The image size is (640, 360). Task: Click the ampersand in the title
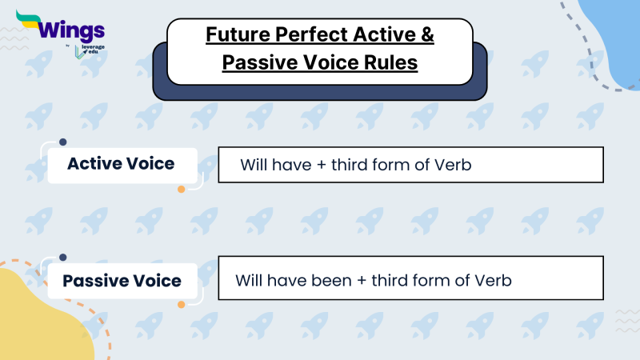pyautogui.click(x=428, y=36)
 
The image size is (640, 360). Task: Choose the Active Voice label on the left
pyautogui.click(x=121, y=164)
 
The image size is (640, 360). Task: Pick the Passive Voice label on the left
pyautogui.click(x=122, y=282)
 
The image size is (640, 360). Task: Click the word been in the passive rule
pyautogui.click(x=320, y=282)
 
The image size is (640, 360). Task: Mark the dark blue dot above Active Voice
pyautogui.click(x=62, y=142)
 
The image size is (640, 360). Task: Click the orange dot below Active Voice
pyautogui.click(x=182, y=190)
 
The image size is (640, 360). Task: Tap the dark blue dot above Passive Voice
pyautogui.click(x=62, y=258)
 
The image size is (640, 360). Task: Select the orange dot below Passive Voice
pyautogui.click(x=182, y=305)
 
